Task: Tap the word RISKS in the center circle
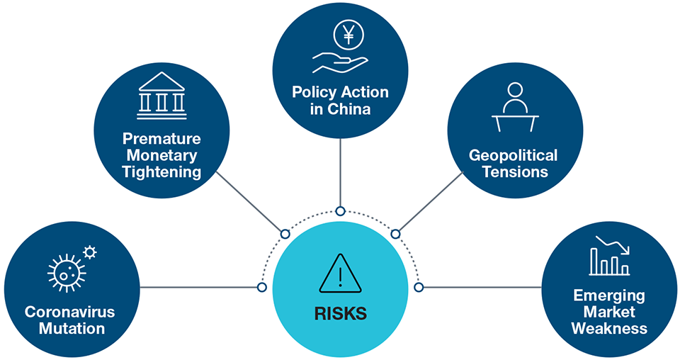click(340, 311)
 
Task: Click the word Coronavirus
click(69, 313)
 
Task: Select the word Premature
click(161, 138)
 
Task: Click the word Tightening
click(161, 171)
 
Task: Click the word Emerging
click(609, 296)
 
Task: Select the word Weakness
click(609, 329)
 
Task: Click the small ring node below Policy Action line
click(340, 211)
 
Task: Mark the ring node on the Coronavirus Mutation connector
click(261, 287)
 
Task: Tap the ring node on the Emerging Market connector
click(419, 287)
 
